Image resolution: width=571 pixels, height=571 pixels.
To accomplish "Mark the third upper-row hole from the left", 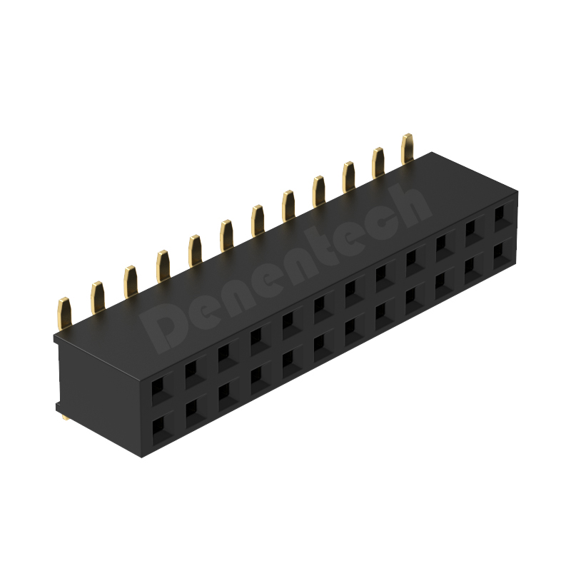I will click(223, 353).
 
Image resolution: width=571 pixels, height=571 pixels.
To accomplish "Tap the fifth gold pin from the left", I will click(195, 249).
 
